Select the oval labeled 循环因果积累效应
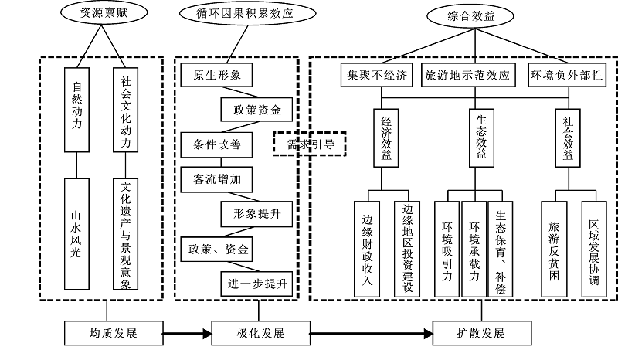point(236,13)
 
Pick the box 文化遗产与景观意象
point(125,233)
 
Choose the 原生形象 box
point(217,76)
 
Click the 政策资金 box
point(256,110)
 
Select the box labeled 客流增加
point(217,178)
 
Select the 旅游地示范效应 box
point(468,76)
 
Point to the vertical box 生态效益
point(479,137)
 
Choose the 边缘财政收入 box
point(367,249)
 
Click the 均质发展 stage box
point(114,334)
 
